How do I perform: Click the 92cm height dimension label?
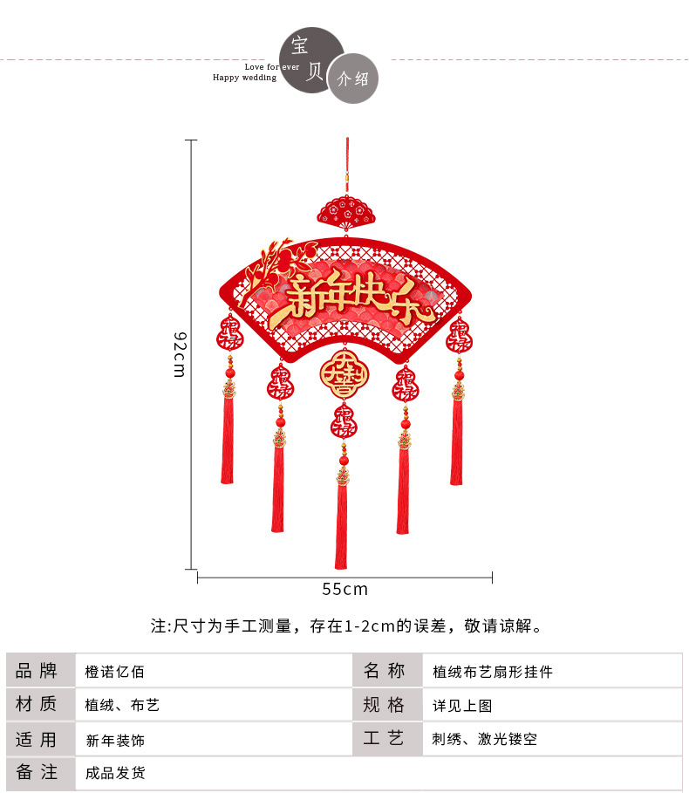click(179, 355)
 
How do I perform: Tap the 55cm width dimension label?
click(344, 589)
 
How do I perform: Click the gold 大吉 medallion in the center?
click(344, 374)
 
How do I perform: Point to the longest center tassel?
click(341, 523)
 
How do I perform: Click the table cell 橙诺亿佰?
click(114, 672)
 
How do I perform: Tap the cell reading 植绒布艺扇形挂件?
click(493, 672)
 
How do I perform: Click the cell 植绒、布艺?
click(122, 705)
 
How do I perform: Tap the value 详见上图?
click(462, 706)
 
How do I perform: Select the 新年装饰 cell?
click(115, 740)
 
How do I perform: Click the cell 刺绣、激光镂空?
click(484, 740)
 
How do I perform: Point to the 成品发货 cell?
click(115, 773)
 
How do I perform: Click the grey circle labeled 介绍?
click(353, 79)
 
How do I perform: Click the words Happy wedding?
click(244, 78)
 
